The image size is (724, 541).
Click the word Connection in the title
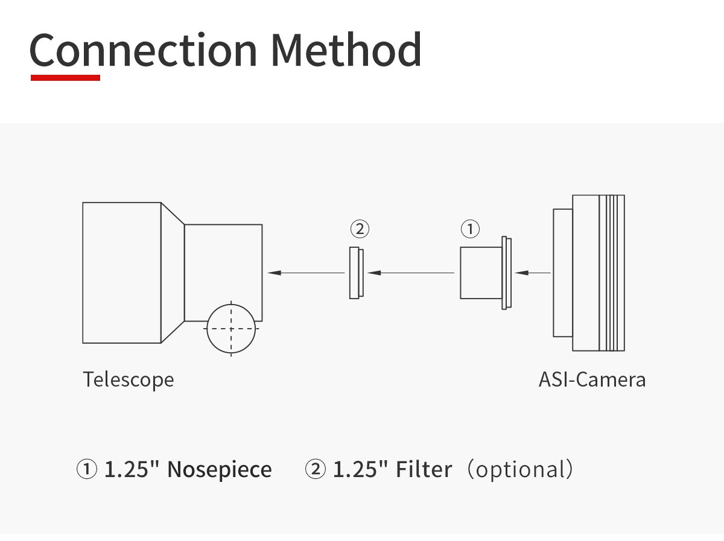(143, 50)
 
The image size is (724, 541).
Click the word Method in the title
(346, 50)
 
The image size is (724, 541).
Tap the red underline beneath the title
(65, 78)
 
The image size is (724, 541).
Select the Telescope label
(129, 379)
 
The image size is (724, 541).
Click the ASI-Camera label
(592, 379)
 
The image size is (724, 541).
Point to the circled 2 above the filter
(360, 229)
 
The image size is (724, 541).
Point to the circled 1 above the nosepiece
(471, 229)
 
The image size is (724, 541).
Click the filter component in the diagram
(357, 273)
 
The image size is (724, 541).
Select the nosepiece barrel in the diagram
(481, 273)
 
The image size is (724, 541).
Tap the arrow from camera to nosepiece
(533, 273)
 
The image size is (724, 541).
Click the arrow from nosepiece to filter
(411, 273)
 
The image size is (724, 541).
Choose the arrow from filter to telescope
(306, 273)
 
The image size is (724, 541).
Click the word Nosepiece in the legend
(220, 469)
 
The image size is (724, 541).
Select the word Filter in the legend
(424, 469)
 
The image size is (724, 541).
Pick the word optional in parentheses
(521, 470)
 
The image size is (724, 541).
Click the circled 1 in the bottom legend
(87, 469)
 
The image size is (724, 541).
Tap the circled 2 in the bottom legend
(316, 469)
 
